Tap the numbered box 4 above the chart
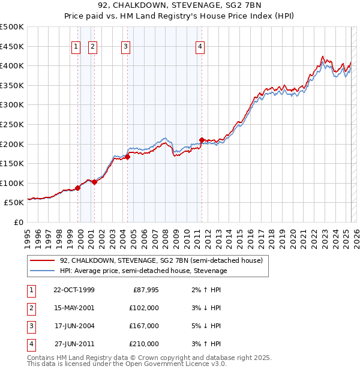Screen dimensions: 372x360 click(x=200, y=47)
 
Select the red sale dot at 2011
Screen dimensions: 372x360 click(x=202, y=140)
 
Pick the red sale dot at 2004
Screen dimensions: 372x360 click(x=128, y=157)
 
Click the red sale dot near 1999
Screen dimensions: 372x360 click(x=78, y=188)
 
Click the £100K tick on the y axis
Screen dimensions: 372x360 click(x=13, y=183)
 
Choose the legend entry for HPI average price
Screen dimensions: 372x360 click(x=143, y=271)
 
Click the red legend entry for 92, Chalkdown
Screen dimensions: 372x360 click(x=161, y=261)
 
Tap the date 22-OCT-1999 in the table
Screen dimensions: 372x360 click(x=74, y=290)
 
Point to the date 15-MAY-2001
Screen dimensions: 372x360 click(x=74, y=308)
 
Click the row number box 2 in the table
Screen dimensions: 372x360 click(x=31, y=308)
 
